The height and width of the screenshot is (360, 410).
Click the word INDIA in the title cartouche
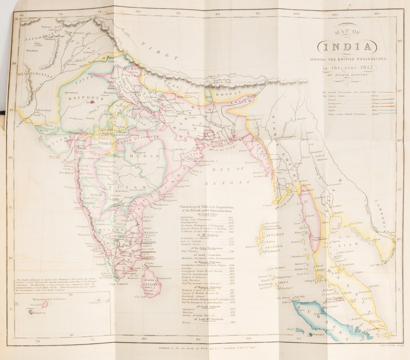[x=347, y=47]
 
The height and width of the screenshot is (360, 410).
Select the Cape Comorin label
[x=119, y=284]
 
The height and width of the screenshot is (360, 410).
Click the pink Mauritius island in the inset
[x=45, y=304]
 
